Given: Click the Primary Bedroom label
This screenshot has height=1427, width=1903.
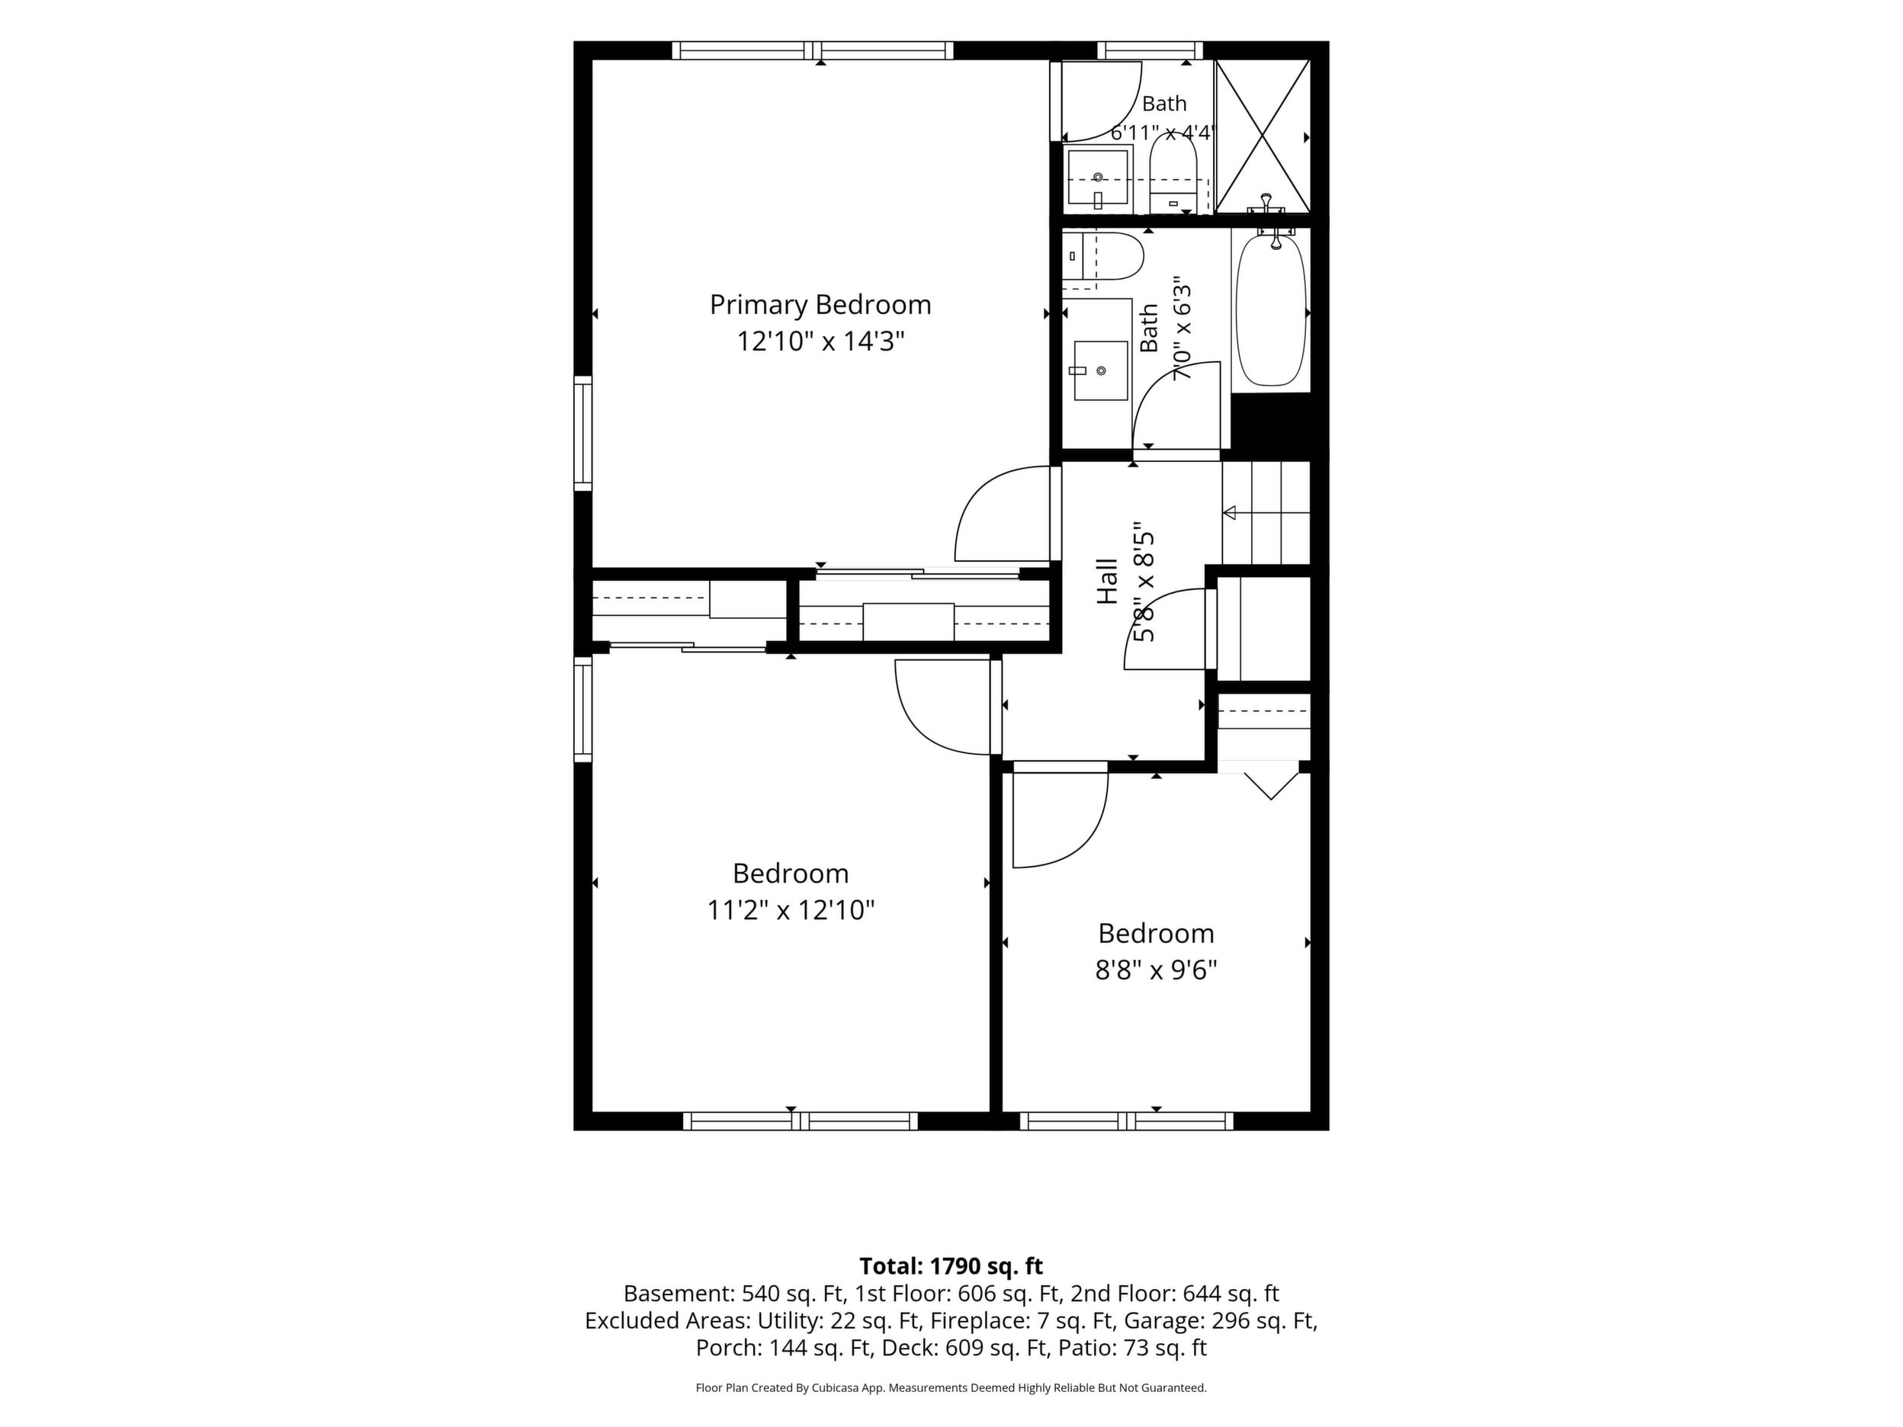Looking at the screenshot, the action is coord(820,306).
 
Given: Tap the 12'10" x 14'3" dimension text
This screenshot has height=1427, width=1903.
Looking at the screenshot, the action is coord(820,342).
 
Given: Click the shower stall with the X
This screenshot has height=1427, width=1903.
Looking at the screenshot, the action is coord(1262,136).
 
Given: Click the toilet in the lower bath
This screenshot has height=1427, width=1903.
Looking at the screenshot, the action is coord(1103,256).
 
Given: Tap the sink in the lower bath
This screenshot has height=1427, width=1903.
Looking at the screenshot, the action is coord(1100,370).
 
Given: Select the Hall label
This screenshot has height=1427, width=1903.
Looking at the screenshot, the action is coord(1107,582).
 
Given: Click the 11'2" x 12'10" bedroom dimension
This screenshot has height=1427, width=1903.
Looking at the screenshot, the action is coord(791,910).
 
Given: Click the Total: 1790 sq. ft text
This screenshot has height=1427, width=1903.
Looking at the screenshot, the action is coord(951,1266).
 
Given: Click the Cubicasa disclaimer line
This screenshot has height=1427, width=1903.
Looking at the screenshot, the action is coord(951,1387).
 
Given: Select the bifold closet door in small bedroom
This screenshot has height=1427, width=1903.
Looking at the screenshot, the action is coord(1271,786).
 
